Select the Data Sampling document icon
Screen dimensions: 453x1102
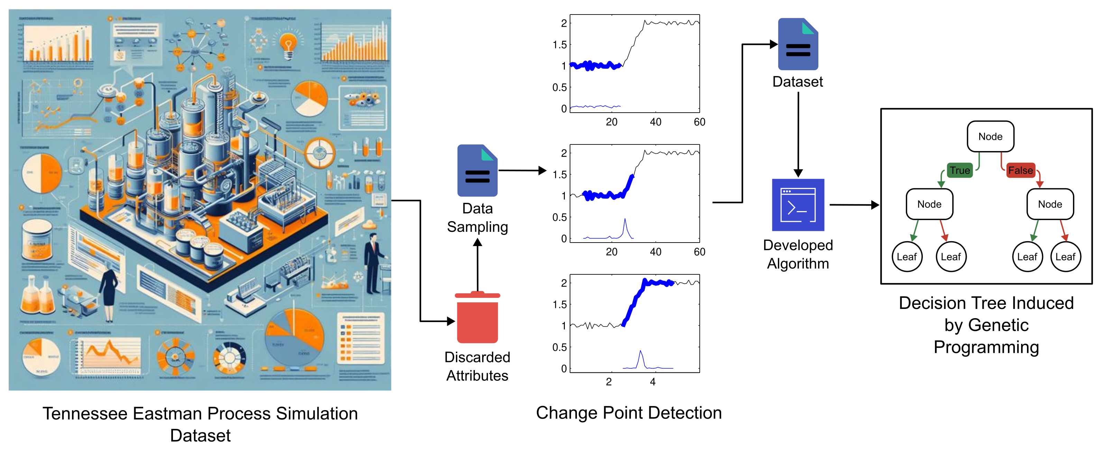477,171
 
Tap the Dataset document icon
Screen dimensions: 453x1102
798,45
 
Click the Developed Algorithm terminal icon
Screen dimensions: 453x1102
798,205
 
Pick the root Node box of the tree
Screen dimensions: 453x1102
990,137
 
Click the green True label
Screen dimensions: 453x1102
959,170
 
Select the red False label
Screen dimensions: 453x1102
1020,170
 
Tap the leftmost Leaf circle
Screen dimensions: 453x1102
907,257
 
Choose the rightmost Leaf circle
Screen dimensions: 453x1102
1065,257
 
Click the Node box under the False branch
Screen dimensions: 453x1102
1050,204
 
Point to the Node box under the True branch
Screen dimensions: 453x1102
929,204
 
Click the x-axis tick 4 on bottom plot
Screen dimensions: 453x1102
653,381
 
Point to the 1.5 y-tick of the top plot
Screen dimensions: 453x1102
560,45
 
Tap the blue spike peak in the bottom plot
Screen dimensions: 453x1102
640,352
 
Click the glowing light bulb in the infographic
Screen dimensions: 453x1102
288,45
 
